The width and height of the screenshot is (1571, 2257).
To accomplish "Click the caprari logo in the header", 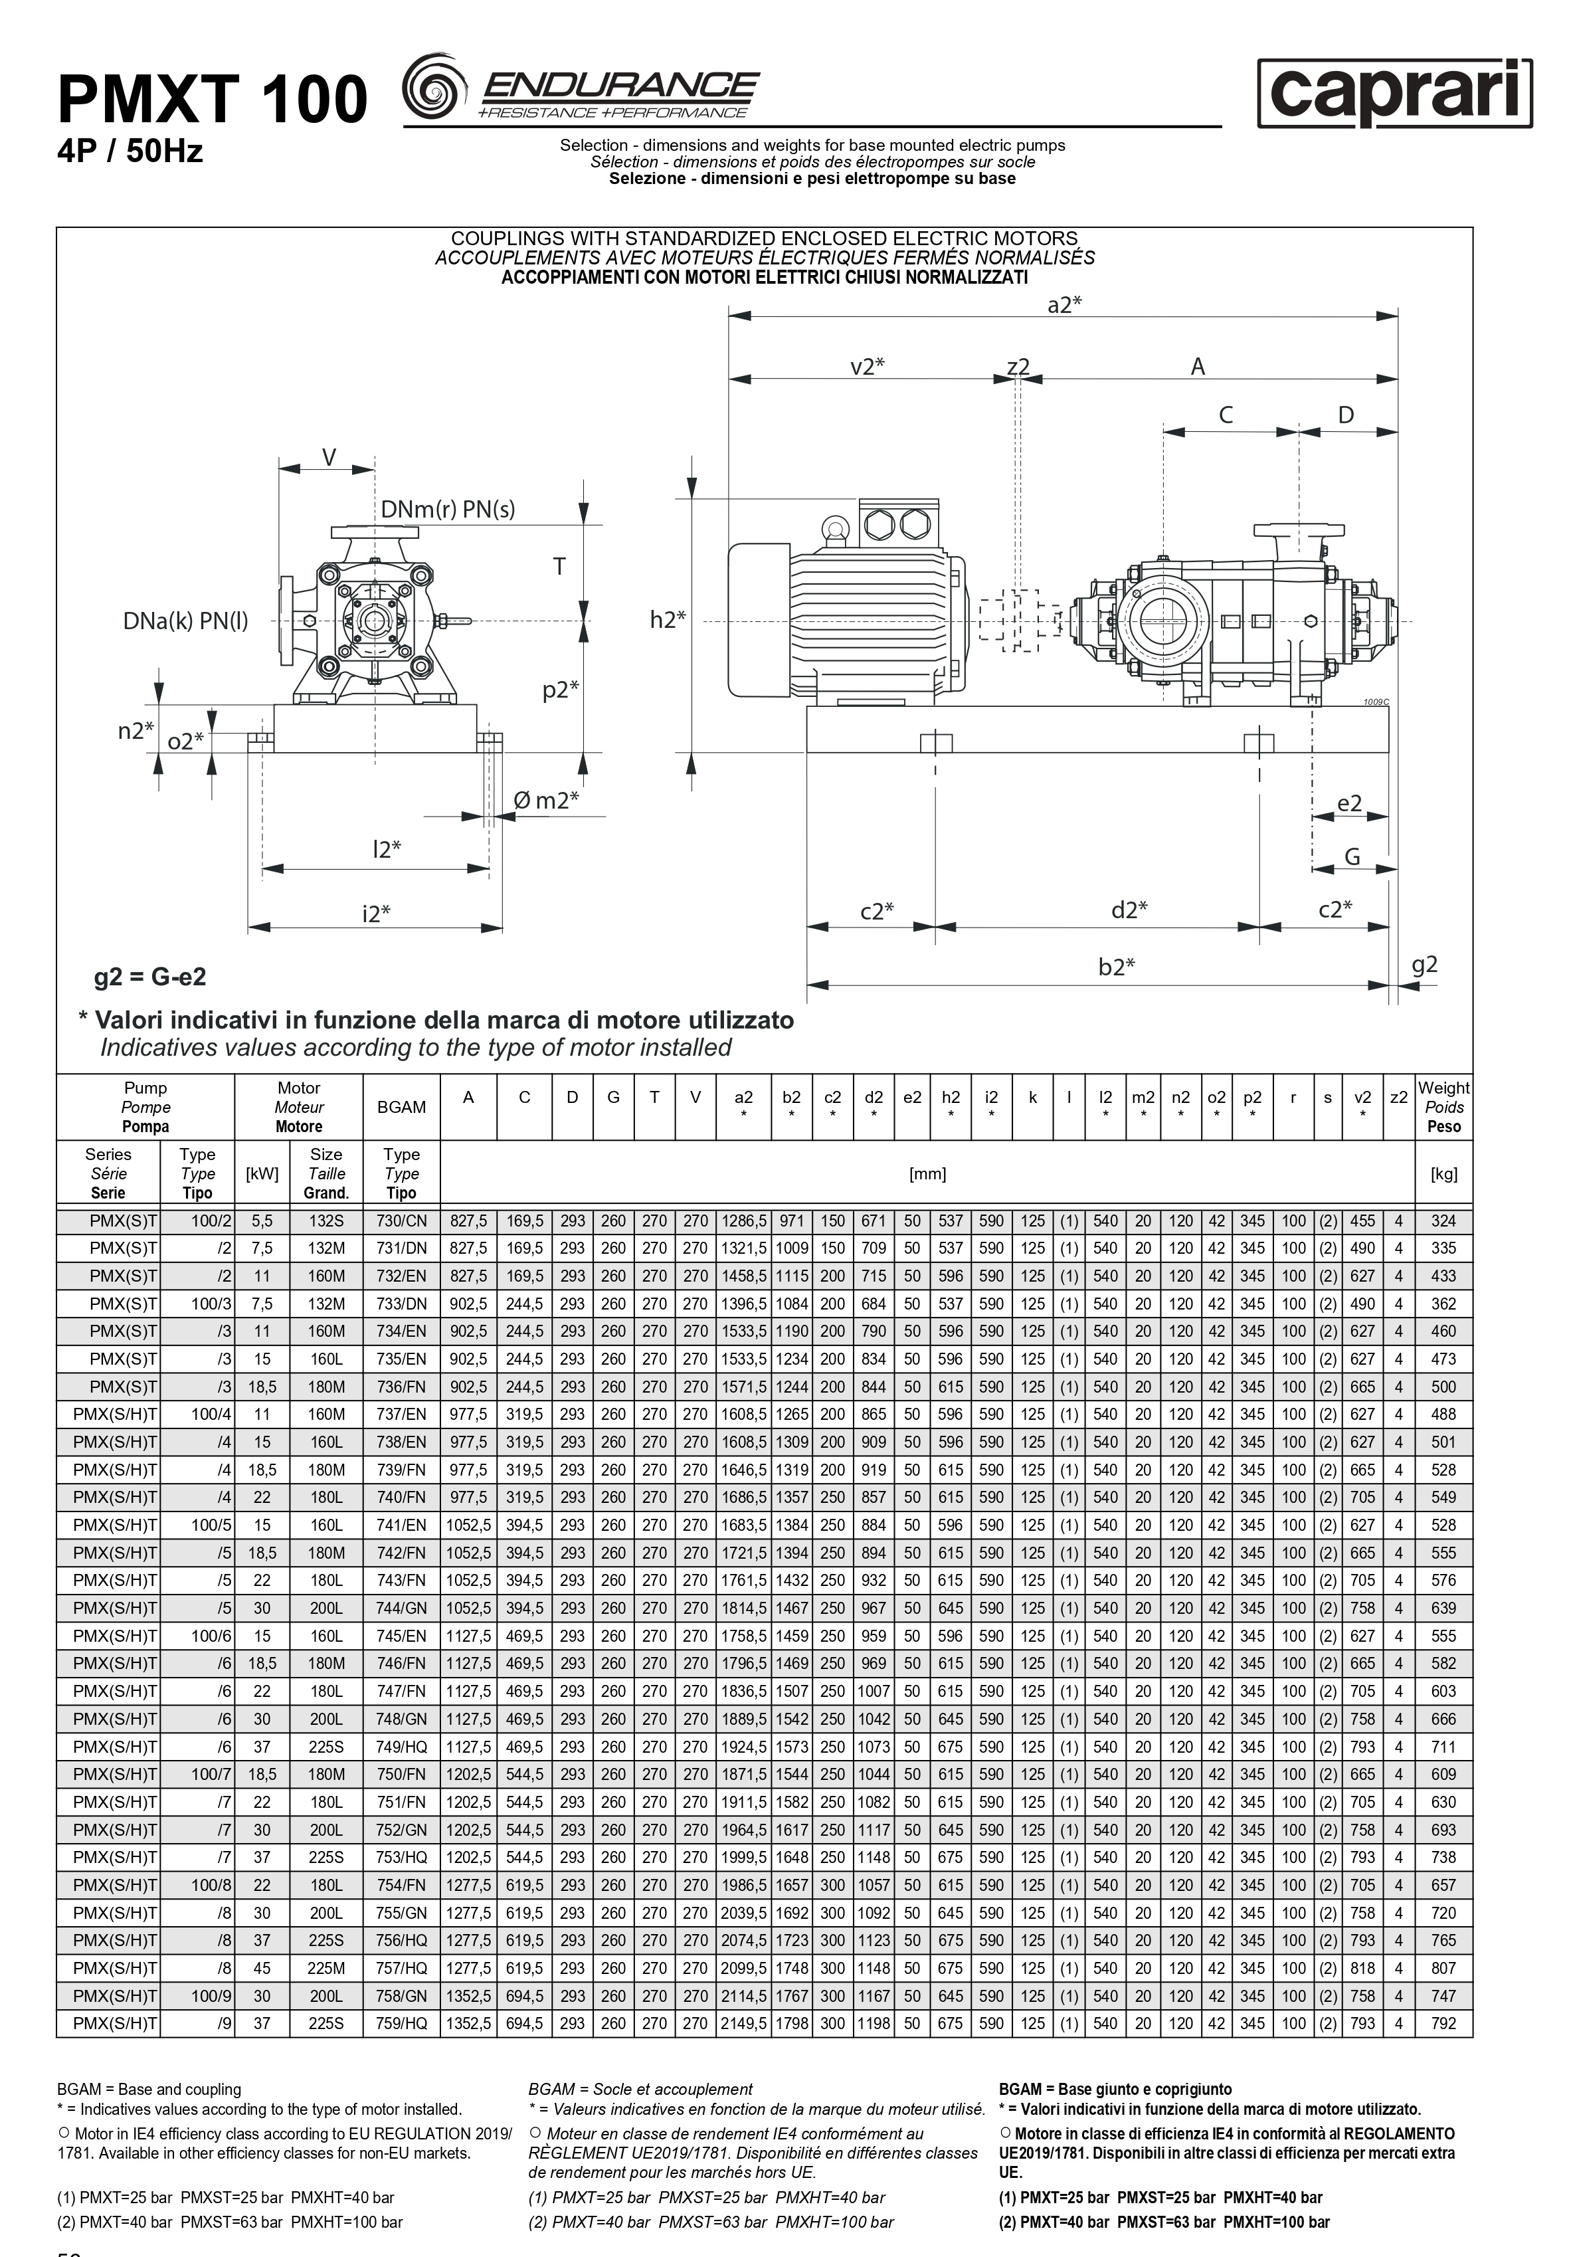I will [x=1394, y=94].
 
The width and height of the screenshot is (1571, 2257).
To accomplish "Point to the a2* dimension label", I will [x=1063, y=305].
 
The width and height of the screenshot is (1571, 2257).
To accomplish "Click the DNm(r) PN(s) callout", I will [x=447, y=509].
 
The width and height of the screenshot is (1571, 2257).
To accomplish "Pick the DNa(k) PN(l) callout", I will [x=186, y=621].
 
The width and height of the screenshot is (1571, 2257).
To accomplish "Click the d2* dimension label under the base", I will [x=1129, y=910].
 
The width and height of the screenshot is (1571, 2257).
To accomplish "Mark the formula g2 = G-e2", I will [x=150, y=977].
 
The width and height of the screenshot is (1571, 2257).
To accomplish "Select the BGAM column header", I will [x=401, y=1107].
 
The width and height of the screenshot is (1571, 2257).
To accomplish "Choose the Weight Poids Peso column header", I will [x=1443, y=1107].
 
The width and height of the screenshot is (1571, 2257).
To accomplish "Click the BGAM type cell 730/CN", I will [x=401, y=1221].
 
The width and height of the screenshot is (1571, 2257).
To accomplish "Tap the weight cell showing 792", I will [x=1443, y=2024].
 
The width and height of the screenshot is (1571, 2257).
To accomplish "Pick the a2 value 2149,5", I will [x=743, y=2024].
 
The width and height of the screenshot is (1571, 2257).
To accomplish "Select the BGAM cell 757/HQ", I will [x=401, y=1968].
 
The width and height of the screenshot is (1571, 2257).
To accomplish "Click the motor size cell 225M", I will [x=326, y=1968].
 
